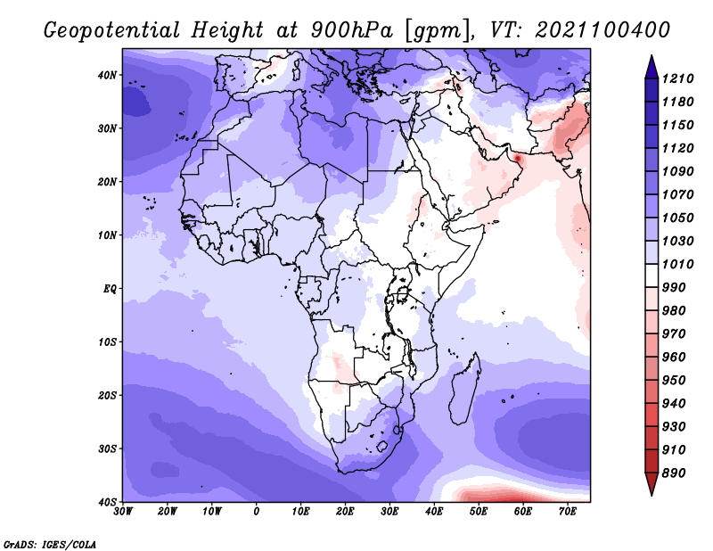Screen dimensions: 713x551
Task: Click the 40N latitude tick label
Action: click(x=107, y=75)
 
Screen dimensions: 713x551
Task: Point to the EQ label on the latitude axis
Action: click(x=110, y=289)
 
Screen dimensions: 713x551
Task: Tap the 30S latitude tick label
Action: click(x=107, y=448)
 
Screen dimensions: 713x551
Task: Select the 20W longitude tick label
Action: click(x=167, y=512)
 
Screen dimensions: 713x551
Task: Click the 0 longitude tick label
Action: click(x=256, y=512)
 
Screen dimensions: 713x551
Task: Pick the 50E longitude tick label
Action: click(x=479, y=512)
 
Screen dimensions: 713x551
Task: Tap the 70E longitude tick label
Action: click(x=567, y=512)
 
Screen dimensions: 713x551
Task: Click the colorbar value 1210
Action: click(x=677, y=78)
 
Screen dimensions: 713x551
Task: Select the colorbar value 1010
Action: click(x=677, y=264)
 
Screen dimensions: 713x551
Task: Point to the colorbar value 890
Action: click(x=674, y=473)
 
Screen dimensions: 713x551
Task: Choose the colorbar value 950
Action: click(x=674, y=381)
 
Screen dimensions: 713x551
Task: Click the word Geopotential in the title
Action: click(x=112, y=30)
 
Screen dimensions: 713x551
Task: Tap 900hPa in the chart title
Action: click(x=351, y=30)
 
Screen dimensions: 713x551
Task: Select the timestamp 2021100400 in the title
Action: click(x=602, y=29)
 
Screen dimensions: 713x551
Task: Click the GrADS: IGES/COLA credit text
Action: click(x=50, y=545)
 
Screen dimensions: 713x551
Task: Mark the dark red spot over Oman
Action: click(x=517, y=159)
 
